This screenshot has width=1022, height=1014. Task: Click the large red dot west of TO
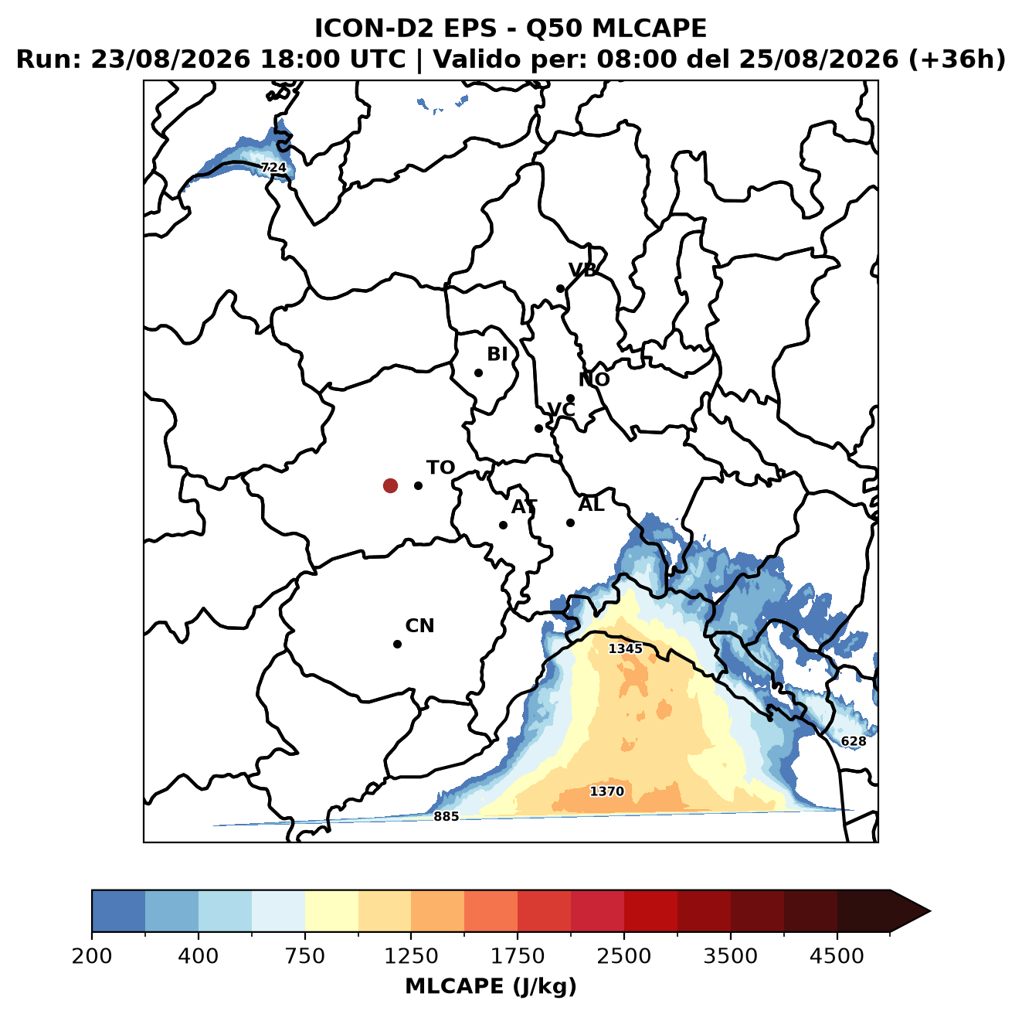(x=390, y=485)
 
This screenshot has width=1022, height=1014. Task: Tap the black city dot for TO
(x=418, y=485)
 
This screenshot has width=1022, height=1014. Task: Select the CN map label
(x=419, y=626)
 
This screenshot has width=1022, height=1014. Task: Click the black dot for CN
(x=397, y=644)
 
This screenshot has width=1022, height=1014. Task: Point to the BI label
(x=497, y=354)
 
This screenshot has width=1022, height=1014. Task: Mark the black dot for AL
(x=570, y=522)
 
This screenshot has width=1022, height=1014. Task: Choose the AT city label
(x=524, y=507)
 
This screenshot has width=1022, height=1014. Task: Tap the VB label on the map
(x=582, y=270)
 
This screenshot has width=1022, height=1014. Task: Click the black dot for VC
(x=539, y=428)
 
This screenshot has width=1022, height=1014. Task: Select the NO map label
(x=593, y=379)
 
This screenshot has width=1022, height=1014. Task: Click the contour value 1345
(x=625, y=648)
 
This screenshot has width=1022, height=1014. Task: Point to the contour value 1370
(x=606, y=791)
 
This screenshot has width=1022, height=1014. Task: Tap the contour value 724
(x=273, y=168)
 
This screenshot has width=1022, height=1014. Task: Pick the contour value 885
(x=446, y=816)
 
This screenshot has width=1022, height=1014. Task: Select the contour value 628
(x=854, y=741)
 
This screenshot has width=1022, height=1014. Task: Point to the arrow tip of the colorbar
(x=930, y=912)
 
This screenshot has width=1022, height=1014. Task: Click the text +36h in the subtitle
(x=957, y=60)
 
